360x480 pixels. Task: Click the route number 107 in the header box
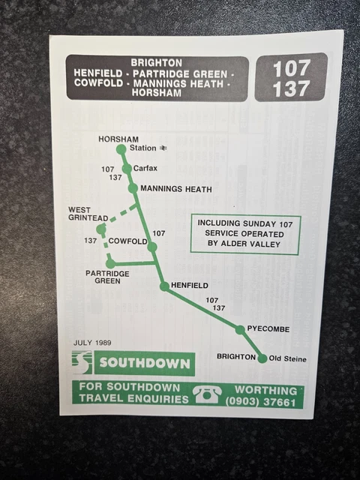291,68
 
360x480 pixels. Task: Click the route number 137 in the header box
291,88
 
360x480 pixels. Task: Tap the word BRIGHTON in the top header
156,61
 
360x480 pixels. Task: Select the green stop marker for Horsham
121,149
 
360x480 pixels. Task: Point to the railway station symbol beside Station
163,148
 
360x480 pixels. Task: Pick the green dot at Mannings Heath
133,188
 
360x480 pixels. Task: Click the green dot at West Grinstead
102,228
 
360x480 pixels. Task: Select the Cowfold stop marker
152,247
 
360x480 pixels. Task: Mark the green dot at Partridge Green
110,263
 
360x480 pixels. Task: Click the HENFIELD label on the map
189,286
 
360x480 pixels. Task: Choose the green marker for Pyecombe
240,329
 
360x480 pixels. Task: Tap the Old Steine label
287,359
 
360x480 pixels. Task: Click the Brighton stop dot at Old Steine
262,358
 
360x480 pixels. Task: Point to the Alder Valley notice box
245,233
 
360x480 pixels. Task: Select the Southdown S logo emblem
82,363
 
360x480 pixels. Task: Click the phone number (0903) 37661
265,401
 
